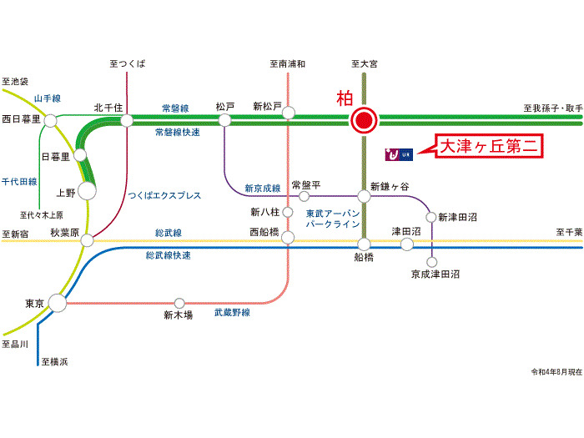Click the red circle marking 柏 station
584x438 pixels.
click(x=363, y=121)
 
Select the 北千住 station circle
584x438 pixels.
click(x=127, y=121)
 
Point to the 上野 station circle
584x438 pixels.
click(x=87, y=190)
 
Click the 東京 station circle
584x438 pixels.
click(x=57, y=304)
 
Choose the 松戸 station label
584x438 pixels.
click(x=225, y=107)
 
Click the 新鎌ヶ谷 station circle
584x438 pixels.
click(x=363, y=197)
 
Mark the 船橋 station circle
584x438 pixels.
click(x=364, y=244)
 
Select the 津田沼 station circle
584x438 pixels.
click(x=406, y=244)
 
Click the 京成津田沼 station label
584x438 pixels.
click(x=435, y=274)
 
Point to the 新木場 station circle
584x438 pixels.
click(x=179, y=303)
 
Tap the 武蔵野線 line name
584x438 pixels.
click(x=232, y=313)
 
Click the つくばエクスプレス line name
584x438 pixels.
click(x=164, y=195)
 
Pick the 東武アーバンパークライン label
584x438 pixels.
click(x=332, y=219)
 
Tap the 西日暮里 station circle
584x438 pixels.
click(x=52, y=121)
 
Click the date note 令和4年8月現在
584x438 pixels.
click(x=556, y=371)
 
